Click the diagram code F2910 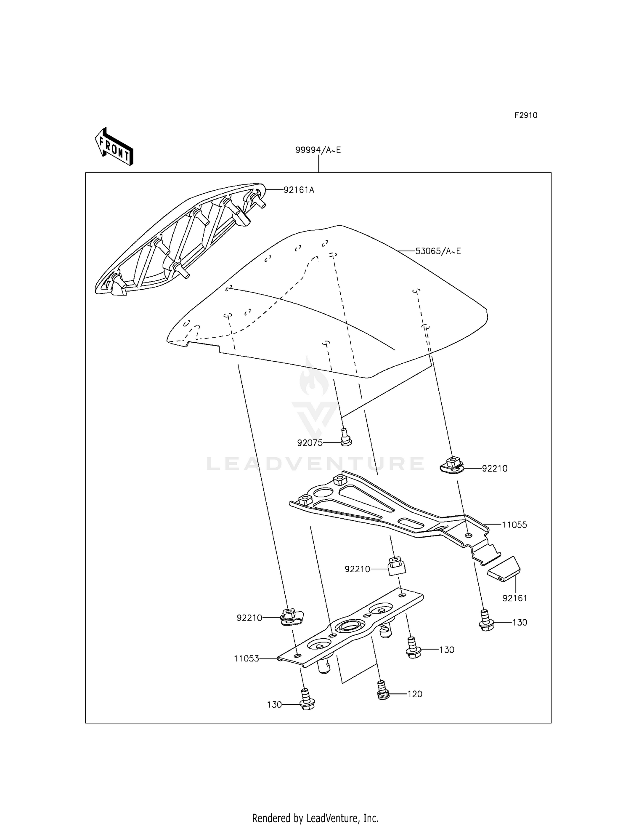[x=526, y=115]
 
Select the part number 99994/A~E [x=318, y=150]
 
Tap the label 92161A [x=299, y=190]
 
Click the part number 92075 [x=310, y=443]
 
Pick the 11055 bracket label [x=514, y=525]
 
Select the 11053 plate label [x=247, y=658]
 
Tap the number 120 [x=415, y=694]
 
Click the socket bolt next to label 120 [x=382, y=690]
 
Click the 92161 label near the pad [x=514, y=598]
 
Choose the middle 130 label [x=446, y=650]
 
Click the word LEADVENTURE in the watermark [x=315, y=464]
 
